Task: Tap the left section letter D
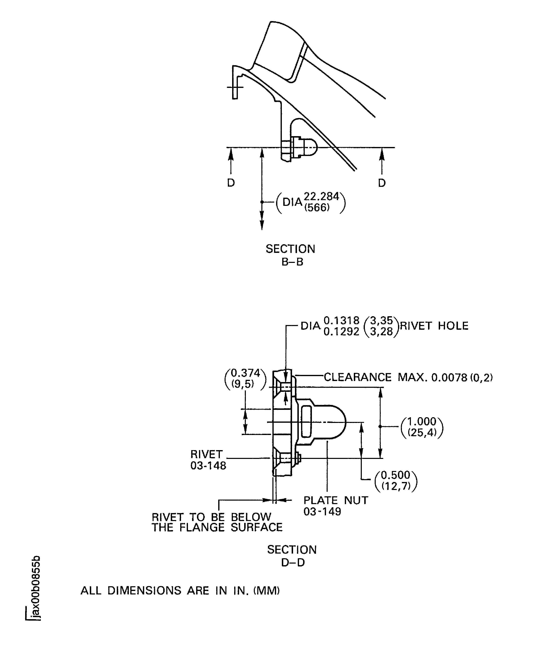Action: tap(231, 183)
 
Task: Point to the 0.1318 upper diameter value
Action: tap(341, 320)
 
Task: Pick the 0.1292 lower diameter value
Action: tap(341, 332)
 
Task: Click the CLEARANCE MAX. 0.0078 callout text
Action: tap(408, 377)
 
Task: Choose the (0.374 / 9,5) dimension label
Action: tap(246, 378)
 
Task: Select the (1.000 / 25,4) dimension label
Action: tap(422, 427)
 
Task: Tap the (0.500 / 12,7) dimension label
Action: tap(396, 480)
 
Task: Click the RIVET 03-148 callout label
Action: tap(208, 460)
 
